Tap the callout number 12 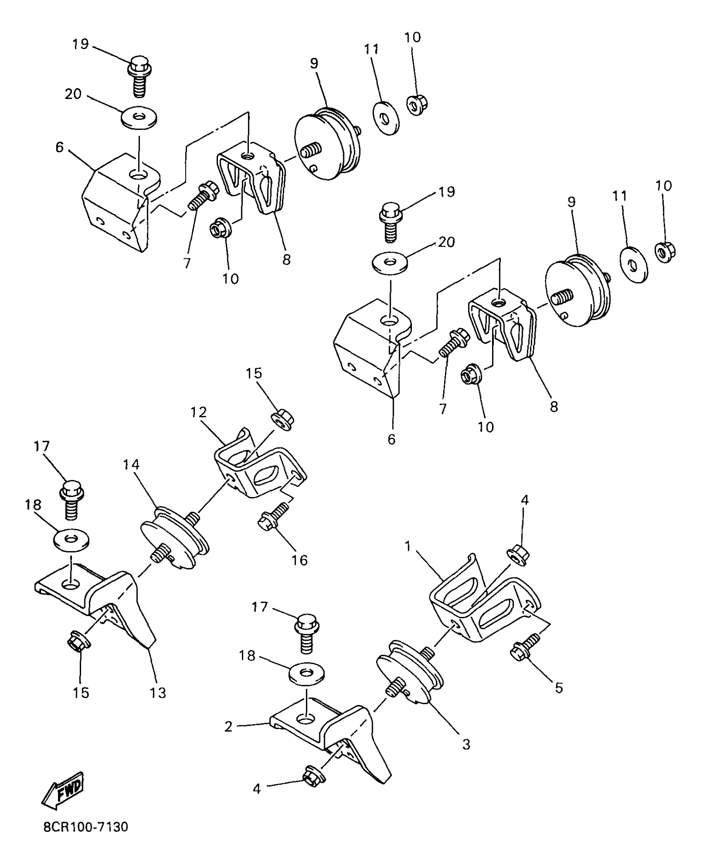tap(199, 412)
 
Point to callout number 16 tap(299, 560)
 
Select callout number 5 tap(559, 688)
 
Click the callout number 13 tap(158, 692)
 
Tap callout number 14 tap(131, 465)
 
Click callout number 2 tap(229, 726)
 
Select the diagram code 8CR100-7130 tap(86, 839)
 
